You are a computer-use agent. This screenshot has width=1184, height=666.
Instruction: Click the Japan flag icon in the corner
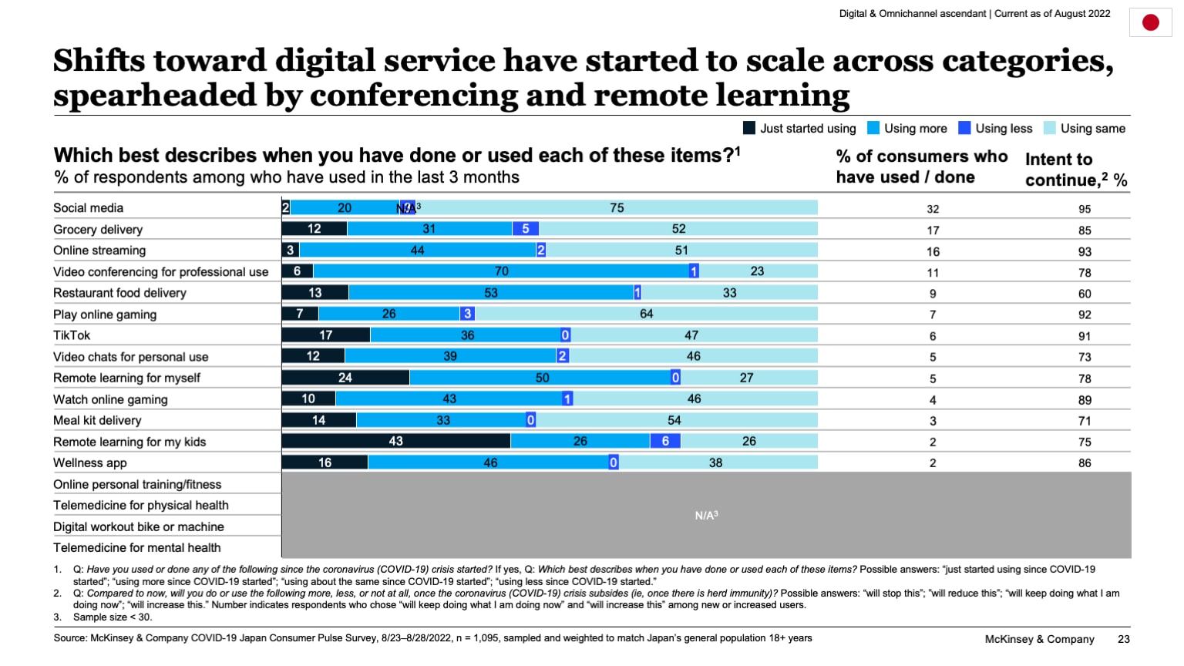tap(1150, 22)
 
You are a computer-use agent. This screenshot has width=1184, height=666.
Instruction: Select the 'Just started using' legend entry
tap(799, 129)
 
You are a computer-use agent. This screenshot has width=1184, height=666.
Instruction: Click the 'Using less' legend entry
tap(995, 129)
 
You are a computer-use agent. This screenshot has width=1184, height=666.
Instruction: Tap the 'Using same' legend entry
tap(1085, 129)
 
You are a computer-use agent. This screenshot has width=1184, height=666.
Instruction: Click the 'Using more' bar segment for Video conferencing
tap(501, 271)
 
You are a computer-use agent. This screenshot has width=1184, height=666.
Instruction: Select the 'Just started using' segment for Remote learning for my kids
tap(395, 441)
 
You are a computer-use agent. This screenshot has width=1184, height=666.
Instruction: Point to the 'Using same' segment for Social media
tap(617, 207)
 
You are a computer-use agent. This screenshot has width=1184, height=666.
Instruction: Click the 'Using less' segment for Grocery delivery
tap(526, 229)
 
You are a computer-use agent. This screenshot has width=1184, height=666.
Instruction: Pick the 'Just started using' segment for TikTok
tap(326, 335)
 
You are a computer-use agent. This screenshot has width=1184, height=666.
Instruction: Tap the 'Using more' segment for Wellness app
tap(490, 462)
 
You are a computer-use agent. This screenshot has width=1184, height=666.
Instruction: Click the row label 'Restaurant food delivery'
tap(119, 293)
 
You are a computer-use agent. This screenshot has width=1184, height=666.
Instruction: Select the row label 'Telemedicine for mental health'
tap(136, 547)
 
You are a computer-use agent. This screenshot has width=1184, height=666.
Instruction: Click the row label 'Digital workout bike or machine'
tap(139, 526)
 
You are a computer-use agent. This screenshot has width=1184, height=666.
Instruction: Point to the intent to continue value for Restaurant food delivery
tap(1085, 294)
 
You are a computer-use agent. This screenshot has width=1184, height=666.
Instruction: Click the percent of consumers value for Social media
tap(933, 209)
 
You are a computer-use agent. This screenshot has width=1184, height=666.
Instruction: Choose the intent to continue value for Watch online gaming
tap(1085, 400)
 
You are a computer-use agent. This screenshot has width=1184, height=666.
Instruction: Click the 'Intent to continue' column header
tap(1075, 170)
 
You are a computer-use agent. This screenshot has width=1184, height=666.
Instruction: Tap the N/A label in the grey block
tap(706, 515)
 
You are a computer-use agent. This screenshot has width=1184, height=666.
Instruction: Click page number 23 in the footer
tap(1124, 639)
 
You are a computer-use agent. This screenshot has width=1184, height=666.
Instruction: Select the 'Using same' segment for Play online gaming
tap(646, 314)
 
